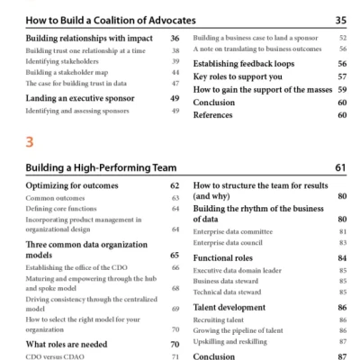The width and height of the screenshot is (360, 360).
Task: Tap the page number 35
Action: tap(340, 19)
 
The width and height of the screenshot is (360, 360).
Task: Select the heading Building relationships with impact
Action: tap(82, 39)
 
